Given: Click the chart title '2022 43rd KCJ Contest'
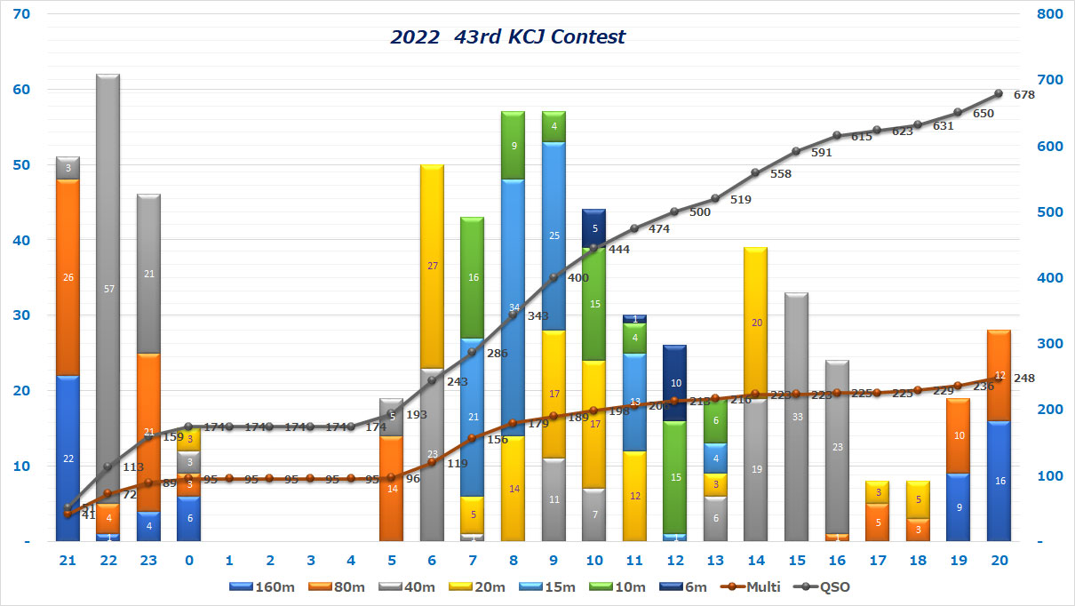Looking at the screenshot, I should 507,37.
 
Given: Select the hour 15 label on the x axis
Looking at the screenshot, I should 796,562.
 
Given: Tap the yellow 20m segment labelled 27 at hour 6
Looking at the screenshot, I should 433,266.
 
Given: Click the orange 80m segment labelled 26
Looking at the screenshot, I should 68,277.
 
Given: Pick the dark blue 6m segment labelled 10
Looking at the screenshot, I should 674,383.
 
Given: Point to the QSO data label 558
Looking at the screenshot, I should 781,174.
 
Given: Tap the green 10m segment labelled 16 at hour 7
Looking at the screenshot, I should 473,278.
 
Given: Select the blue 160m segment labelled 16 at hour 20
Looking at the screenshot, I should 999,481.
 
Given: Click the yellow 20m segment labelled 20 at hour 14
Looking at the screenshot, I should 756,323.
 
